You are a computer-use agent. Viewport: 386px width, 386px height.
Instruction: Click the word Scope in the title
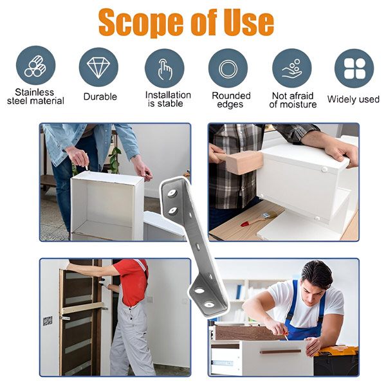click(x=141, y=23)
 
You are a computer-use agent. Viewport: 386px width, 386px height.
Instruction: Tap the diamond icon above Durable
click(x=98, y=68)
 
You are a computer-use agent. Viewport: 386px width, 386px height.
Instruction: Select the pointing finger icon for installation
click(x=165, y=69)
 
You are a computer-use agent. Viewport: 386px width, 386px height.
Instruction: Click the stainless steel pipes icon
click(x=35, y=66)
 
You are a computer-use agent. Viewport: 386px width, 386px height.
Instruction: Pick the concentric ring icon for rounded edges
click(x=228, y=69)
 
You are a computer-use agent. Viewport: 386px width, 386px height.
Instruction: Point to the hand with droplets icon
click(x=292, y=69)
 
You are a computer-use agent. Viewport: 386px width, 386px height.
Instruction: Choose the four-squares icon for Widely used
click(x=354, y=69)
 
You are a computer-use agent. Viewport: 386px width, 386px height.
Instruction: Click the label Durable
click(x=100, y=96)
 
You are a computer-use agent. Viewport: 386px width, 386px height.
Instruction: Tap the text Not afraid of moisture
click(x=293, y=100)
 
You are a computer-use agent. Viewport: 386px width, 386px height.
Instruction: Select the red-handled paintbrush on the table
click(x=259, y=219)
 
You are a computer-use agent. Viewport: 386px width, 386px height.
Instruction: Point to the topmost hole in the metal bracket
click(x=172, y=193)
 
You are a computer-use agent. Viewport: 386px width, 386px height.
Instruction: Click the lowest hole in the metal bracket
click(x=209, y=305)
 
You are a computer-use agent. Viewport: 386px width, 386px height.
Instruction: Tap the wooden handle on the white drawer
click(x=280, y=351)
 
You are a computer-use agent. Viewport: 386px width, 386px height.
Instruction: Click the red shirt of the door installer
click(x=132, y=282)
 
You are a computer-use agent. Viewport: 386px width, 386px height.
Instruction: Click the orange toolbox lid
click(x=338, y=351)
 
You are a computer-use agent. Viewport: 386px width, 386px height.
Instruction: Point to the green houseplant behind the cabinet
click(x=115, y=160)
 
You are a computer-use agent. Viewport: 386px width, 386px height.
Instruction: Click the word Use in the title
click(x=248, y=23)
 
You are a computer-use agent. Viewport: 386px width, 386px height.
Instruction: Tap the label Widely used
click(x=353, y=99)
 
